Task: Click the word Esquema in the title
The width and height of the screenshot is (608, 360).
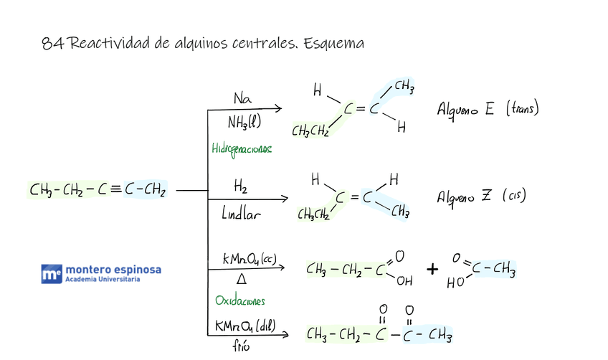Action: pyautogui.click(x=333, y=44)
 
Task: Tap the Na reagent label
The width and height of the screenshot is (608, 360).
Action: pyautogui.click(x=242, y=98)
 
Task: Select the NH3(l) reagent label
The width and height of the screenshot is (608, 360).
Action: pyautogui.click(x=244, y=123)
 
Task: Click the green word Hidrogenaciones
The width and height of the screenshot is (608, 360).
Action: pyautogui.click(x=242, y=148)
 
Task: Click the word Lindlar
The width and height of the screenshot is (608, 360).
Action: pyautogui.click(x=242, y=212)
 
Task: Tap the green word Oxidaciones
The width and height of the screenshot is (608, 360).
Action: pyautogui.click(x=239, y=300)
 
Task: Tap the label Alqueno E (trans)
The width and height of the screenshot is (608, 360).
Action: pyautogui.click(x=488, y=109)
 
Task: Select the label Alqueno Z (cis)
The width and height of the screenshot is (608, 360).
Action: pyautogui.click(x=481, y=196)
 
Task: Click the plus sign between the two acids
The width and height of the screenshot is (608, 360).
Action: pyautogui.click(x=432, y=269)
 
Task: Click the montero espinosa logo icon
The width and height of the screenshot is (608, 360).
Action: pyautogui.click(x=51, y=273)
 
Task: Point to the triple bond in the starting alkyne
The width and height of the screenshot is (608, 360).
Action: pyautogui.click(x=115, y=190)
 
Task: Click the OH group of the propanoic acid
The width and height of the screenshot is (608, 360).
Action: pyautogui.click(x=404, y=281)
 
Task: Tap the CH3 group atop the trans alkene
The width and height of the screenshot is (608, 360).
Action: pyautogui.click(x=403, y=87)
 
